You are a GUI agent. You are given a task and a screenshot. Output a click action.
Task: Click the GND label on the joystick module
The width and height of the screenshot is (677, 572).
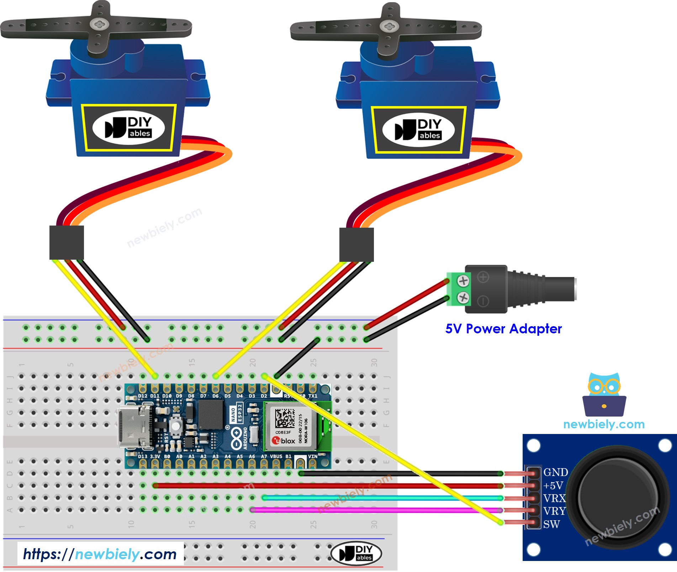coord(555,472)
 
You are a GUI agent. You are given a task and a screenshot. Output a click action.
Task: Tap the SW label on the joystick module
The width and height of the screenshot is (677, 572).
coord(551,524)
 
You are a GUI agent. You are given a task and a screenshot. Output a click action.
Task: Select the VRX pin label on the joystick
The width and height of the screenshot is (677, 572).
coord(554,498)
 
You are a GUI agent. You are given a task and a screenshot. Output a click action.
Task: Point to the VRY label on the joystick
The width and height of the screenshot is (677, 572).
coord(554,511)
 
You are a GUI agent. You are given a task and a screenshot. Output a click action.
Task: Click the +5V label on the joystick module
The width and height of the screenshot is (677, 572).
coord(553,485)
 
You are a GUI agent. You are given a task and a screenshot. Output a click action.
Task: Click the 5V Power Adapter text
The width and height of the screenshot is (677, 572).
coord(503,329)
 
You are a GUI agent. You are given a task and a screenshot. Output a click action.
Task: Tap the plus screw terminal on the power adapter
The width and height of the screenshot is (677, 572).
coord(463,281)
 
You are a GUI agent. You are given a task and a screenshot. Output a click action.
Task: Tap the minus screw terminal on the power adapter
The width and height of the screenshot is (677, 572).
coord(463,297)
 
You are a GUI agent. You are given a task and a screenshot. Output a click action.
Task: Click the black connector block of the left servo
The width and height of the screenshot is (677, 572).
coord(67,242)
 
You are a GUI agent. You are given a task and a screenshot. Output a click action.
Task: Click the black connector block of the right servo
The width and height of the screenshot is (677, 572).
coord(356,245)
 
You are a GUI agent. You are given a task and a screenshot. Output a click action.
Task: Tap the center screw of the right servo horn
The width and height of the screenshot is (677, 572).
coord(387,26)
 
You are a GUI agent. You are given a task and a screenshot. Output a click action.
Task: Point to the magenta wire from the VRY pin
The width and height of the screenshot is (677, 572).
coord(374,510)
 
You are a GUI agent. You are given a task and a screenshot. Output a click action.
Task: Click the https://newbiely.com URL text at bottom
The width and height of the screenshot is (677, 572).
coord(100,554)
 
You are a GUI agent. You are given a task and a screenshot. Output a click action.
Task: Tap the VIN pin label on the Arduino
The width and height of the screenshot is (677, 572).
coord(312,456)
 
